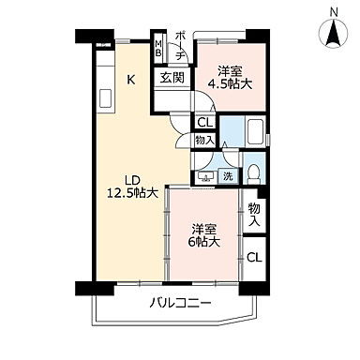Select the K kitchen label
tap(132, 81)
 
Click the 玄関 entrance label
tap(171, 80)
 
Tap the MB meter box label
tap(158, 48)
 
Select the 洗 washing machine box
tap(227, 175)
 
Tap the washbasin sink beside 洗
tap(204, 174)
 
